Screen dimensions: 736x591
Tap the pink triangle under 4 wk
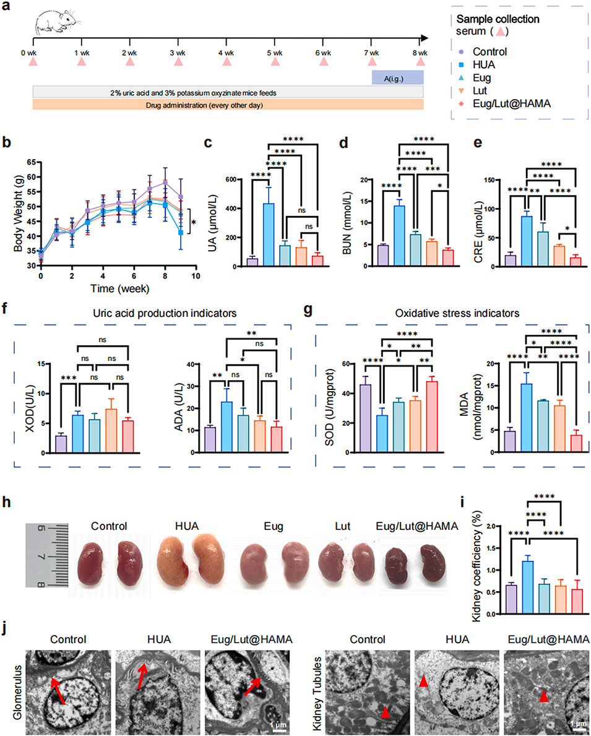pyautogui.click(x=226, y=62)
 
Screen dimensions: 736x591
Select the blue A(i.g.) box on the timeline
pyautogui.click(x=397, y=77)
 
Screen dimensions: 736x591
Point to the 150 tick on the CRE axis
pyautogui.click(x=498, y=180)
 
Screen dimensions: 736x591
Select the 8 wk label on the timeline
pyautogui.click(x=420, y=52)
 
